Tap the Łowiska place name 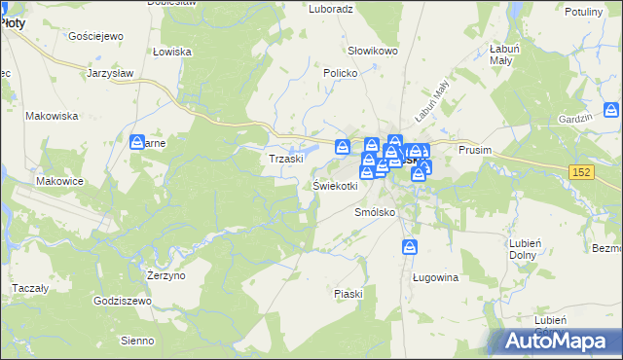click(171, 52)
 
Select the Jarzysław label click(109, 73)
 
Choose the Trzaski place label click(287, 159)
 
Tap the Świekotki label click(335, 185)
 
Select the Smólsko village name click(374, 211)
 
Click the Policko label click(342, 73)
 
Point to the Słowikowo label click(374, 51)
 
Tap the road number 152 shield click(582, 171)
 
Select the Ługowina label click(435, 277)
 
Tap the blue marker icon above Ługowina click(410, 247)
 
